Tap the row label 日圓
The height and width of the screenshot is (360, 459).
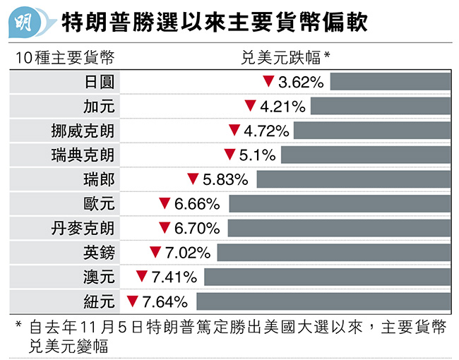tap(99, 82)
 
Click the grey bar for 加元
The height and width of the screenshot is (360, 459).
tap(380, 107)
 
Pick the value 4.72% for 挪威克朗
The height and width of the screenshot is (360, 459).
tap(266, 131)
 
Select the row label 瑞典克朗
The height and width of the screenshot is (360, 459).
tap(83, 155)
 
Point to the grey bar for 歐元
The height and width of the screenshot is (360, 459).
tap(339, 204)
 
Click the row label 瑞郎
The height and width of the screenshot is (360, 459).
tap(99, 179)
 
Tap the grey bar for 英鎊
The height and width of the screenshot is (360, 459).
tap(333, 253)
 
